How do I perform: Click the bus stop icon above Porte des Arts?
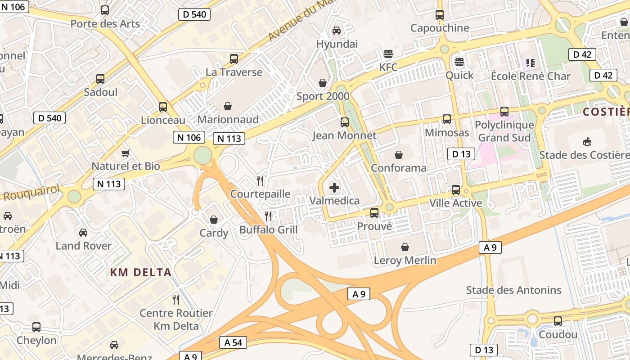(105, 10)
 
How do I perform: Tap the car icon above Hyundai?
(336, 30)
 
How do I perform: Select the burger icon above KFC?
(388, 54)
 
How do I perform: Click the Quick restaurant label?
(459, 75)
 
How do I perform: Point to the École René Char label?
(531, 76)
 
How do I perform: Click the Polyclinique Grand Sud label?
(504, 131)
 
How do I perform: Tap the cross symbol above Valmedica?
(334, 188)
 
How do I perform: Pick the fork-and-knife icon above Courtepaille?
(260, 181)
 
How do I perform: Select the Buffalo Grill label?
(268, 230)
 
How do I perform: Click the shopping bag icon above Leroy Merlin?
(405, 247)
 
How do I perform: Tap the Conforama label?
(398, 168)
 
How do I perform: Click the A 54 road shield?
(233, 342)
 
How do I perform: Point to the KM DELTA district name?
(141, 272)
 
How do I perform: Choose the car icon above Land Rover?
(83, 233)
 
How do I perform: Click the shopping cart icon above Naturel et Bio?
(126, 153)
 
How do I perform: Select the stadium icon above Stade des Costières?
(587, 142)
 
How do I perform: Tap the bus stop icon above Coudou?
(558, 321)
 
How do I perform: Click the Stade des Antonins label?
(513, 290)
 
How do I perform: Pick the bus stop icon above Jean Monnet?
(345, 122)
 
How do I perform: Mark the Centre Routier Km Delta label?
(176, 319)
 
